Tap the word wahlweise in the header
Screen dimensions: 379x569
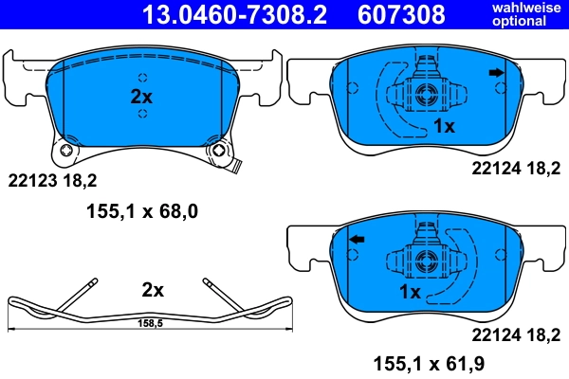click(x=521, y=8)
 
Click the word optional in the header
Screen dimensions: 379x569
click(x=521, y=21)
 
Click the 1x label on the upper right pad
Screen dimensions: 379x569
click(x=444, y=125)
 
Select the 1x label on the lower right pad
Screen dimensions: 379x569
click(x=412, y=293)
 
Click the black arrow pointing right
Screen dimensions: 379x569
click(x=495, y=72)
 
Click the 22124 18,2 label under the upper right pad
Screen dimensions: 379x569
click(x=510, y=168)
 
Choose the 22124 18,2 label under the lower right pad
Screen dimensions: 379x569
click(x=510, y=333)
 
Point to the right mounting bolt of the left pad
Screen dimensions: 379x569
click(x=220, y=151)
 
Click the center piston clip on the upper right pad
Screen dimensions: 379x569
click(x=425, y=94)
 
